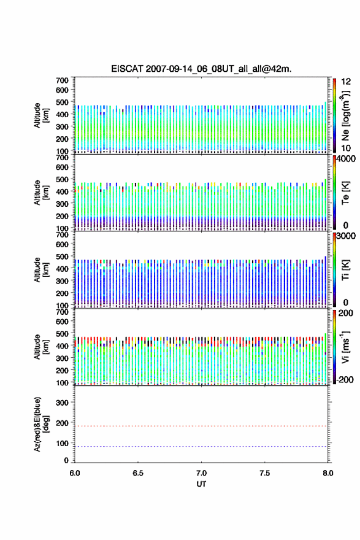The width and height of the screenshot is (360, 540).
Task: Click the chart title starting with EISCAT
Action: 201,69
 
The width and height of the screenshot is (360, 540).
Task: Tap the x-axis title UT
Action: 201,484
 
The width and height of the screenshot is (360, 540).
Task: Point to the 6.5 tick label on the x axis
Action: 138,473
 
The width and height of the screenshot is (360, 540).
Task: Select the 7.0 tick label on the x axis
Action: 201,473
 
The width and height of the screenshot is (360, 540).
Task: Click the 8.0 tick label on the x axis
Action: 328,473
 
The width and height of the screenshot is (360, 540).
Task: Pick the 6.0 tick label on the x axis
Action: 75,473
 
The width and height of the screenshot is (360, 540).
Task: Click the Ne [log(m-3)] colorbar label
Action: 345,116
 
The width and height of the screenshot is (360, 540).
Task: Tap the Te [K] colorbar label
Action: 345,193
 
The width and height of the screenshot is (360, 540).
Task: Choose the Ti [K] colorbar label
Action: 345,270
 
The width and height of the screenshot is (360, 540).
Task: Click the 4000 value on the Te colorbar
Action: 347,159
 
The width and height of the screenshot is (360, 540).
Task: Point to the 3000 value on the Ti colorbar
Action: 347,236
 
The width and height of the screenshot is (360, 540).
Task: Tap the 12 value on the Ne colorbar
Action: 346,82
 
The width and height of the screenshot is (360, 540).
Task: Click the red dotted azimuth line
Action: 201,426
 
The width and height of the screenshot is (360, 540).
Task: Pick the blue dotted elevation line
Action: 201,446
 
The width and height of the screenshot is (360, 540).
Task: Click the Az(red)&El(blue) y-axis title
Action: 41,424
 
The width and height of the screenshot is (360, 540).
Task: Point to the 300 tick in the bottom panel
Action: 62,403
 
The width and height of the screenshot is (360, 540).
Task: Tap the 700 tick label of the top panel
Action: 62,80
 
